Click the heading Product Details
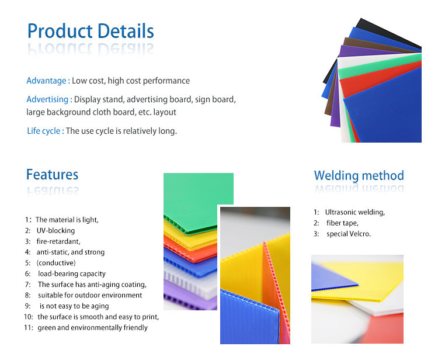[x=91, y=31]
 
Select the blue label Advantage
[x=46, y=81]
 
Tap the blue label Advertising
[x=47, y=99]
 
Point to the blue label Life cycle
[x=44, y=131]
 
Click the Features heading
[x=52, y=175]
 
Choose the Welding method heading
[x=359, y=176]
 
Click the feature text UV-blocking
[x=56, y=231]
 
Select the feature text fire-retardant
[x=58, y=241]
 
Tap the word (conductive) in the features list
[x=56, y=263]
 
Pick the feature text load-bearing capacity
[x=72, y=274]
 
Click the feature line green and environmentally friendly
[x=92, y=328]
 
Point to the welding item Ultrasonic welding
[x=354, y=212]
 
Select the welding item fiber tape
[x=342, y=223]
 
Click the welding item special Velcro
[x=349, y=234]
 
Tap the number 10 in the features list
[x=28, y=317]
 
